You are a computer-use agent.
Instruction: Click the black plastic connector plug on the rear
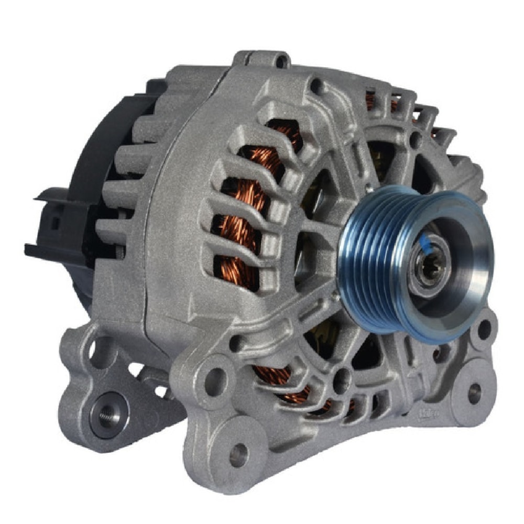point(52,220)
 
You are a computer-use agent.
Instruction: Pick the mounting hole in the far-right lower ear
point(475,393)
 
